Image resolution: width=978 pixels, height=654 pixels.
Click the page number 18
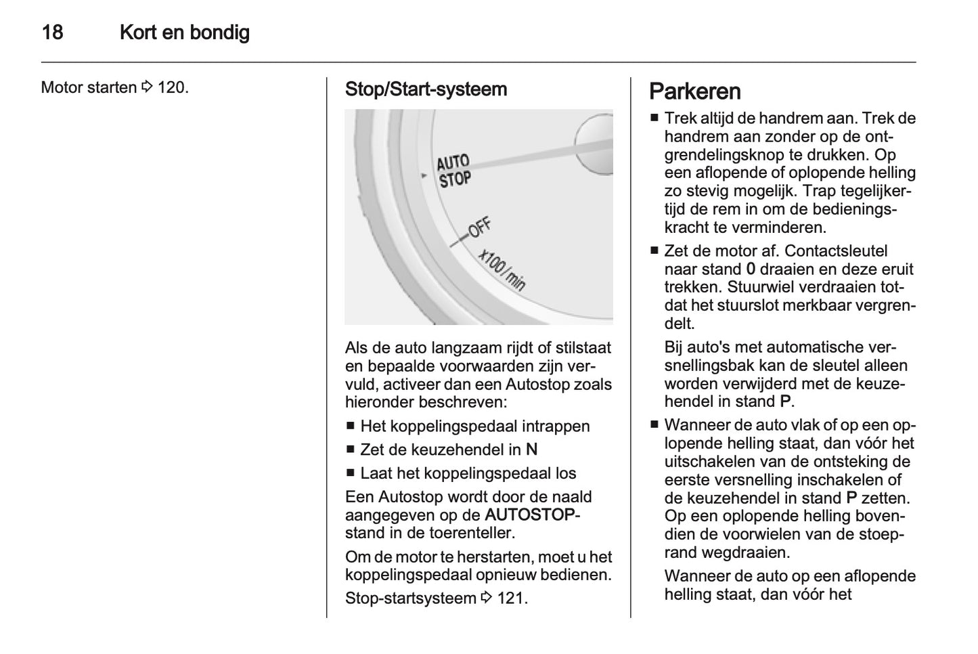52,32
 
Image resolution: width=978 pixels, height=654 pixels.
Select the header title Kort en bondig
184,32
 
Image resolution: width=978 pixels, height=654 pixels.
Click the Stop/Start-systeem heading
426,89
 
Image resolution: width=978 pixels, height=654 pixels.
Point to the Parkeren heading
694,91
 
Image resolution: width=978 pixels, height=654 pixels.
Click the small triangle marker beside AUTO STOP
424,175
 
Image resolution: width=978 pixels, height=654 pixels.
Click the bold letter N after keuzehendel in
531,450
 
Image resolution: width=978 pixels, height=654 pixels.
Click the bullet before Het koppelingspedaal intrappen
350,427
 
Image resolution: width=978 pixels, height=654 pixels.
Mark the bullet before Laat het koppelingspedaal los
350,473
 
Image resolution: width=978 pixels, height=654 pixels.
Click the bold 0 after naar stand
751,269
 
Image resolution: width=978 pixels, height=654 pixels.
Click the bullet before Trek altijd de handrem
654,118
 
